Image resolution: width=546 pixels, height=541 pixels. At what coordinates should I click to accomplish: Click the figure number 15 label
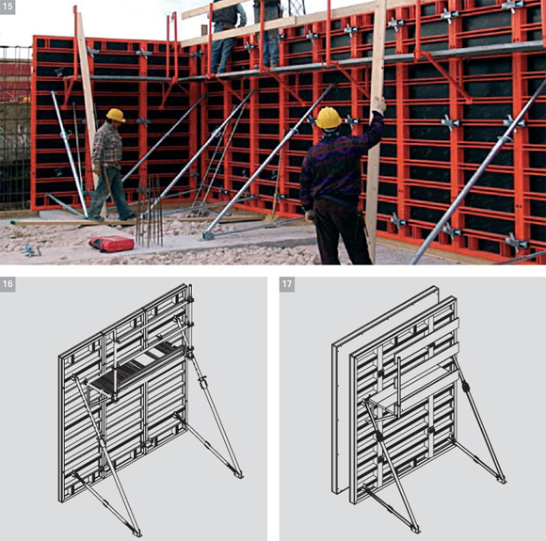pyautogui.click(x=8, y=7)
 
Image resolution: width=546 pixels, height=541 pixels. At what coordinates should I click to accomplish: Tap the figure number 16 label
pyautogui.click(x=8, y=284)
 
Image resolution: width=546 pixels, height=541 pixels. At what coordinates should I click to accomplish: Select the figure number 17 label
pyautogui.click(x=287, y=284)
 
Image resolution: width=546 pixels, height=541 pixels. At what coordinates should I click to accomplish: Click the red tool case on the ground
pyautogui.click(x=111, y=244)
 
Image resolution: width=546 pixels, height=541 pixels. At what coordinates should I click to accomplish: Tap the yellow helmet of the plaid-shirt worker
pyautogui.click(x=116, y=115)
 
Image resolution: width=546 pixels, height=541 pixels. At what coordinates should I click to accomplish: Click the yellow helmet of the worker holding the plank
pyautogui.click(x=329, y=118)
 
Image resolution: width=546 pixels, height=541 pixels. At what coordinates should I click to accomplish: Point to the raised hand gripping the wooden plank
pyautogui.click(x=378, y=105)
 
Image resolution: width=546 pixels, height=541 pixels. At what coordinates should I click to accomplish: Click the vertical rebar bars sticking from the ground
pyautogui.click(x=149, y=213)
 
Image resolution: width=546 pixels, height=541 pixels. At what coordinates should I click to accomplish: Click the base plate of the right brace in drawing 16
pyautogui.click(x=238, y=474)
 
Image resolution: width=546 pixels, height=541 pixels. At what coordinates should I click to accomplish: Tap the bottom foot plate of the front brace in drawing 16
pyautogui.click(x=136, y=533)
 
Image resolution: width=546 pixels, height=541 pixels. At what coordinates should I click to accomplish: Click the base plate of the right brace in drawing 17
pyautogui.click(x=502, y=480)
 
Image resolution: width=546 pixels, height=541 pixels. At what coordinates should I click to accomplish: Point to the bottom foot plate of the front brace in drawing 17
pyautogui.click(x=414, y=529)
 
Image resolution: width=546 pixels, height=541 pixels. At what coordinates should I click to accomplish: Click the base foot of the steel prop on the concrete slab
pyautogui.click(x=208, y=235)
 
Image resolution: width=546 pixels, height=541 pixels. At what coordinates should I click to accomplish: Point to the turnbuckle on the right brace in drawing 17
pyautogui.click(x=466, y=386)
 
